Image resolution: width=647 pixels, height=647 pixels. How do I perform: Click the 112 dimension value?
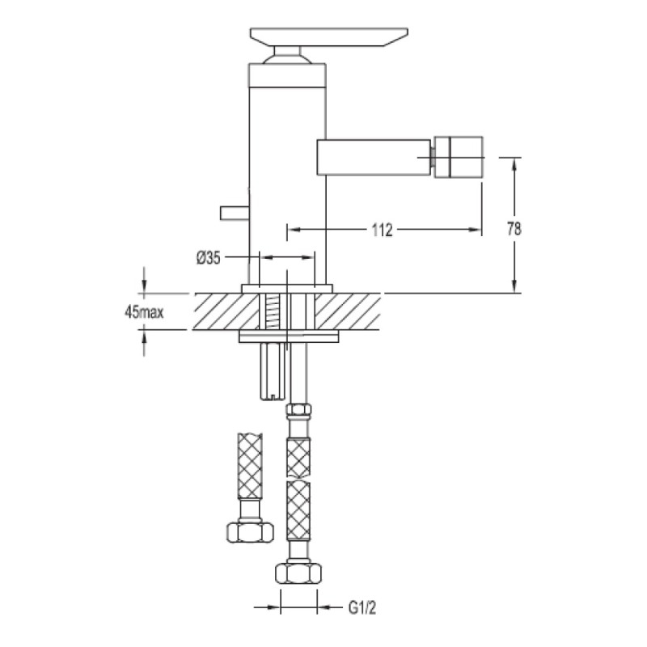click(382, 230)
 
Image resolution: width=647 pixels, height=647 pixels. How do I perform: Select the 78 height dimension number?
click(514, 228)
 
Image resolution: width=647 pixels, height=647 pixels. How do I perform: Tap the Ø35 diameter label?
click(209, 258)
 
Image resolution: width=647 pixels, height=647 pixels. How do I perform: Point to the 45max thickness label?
click(144, 312)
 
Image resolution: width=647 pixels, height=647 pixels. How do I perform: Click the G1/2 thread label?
click(362, 608)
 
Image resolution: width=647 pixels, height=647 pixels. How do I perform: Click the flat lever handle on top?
click(329, 36)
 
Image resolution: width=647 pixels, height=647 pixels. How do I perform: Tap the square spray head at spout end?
click(459, 156)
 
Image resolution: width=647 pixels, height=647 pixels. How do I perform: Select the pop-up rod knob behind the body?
click(235, 213)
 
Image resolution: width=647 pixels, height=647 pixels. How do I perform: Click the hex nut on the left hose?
click(250, 531)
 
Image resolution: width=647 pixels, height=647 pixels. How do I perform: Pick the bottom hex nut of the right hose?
click(298, 573)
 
